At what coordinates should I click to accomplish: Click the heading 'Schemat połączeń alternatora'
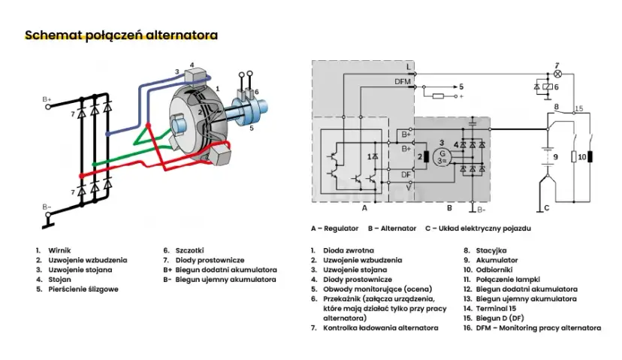pos(121,35)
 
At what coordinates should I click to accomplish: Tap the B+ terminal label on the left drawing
pos(47,99)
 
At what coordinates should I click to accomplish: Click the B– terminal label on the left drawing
pos(47,207)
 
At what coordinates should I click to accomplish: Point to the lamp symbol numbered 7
pos(557,74)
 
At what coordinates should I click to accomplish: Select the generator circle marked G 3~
pos(443,156)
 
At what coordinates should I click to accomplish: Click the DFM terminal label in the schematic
pos(402,80)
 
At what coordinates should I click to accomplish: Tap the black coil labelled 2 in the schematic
pos(427,156)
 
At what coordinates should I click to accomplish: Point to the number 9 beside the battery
pos(557,158)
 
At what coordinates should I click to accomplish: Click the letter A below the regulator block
pos(364,207)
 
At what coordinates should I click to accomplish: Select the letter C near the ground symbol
pos(547,207)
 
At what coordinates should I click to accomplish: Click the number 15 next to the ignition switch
pos(578,110)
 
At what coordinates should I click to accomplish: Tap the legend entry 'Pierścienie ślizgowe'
pos(83,289)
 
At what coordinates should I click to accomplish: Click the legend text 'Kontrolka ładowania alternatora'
pos(380,328)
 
